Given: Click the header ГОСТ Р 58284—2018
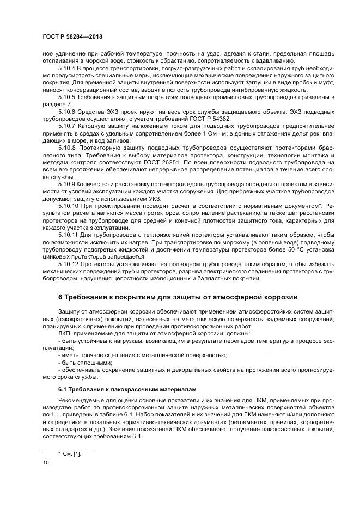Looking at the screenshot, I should coord(72,37).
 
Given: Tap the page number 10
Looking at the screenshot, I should coord(45,463).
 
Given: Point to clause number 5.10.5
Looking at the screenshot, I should coord(69,97).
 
